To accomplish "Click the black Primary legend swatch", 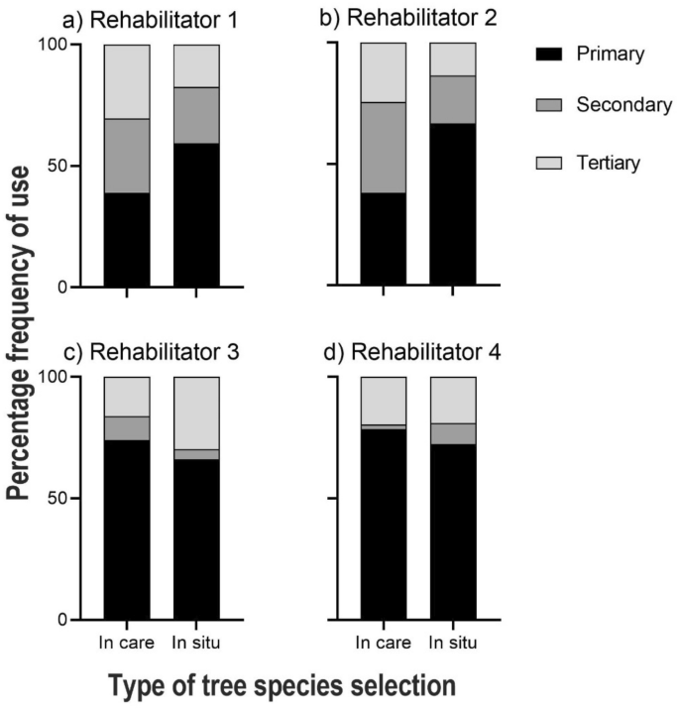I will (x=549, y=55).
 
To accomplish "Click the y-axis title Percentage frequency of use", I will (x=24, y=333).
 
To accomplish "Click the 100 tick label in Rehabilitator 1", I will (x=62, y=46).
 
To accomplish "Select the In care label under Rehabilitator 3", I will (x=126, y=644).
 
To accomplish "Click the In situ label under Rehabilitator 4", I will (x=453, y=644).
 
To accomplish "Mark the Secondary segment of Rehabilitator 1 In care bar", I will (x=126, y=156).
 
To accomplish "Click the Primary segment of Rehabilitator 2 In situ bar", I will (x=453, y=205).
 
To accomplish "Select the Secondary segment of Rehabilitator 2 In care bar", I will (x=383, y=147).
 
